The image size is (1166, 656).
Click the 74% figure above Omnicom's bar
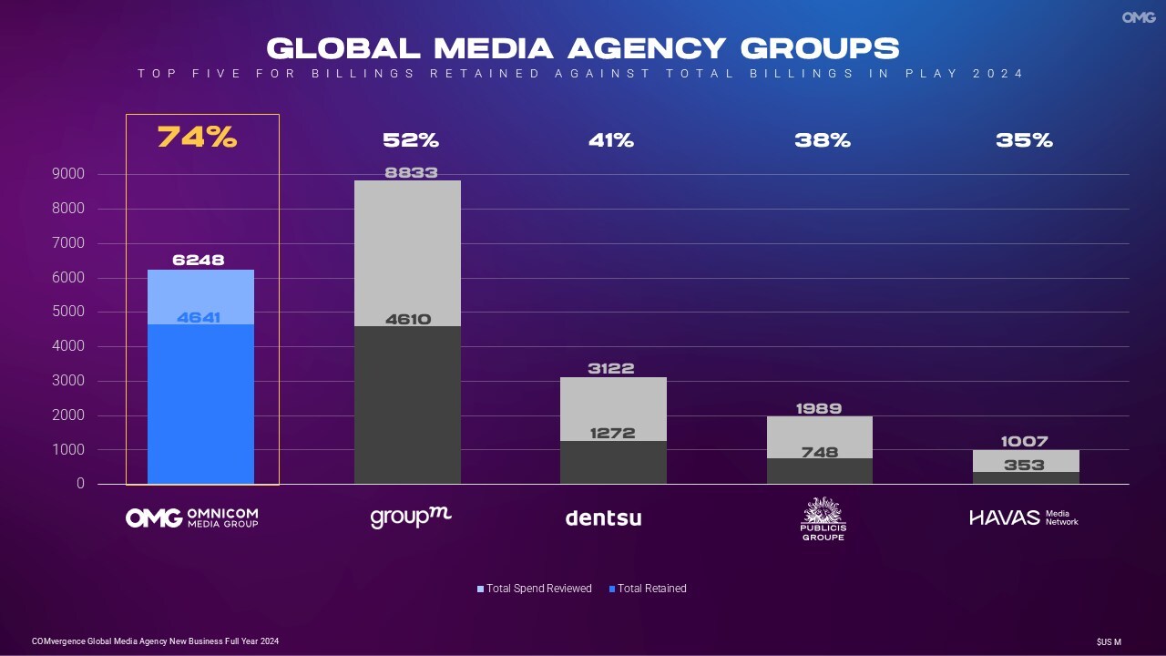point(197,138)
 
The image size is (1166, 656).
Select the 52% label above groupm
point(411,140)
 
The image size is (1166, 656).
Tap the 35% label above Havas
point(1024,140)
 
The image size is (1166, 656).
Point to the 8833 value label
point(411,172)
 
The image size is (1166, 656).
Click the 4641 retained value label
point(199,318)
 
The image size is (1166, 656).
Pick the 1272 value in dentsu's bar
point(612,433)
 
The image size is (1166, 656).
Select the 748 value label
point(820,452)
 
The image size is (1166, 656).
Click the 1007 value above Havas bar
point(1024,442)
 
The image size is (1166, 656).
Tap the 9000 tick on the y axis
point(94,174)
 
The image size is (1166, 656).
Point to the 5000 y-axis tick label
point(94,312)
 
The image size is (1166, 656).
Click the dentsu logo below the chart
point(603,518)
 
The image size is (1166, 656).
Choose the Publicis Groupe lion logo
point(823,518)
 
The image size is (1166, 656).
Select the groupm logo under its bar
point(411,518)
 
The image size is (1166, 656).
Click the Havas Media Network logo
point(1024,518)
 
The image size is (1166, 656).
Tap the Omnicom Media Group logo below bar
point(191,518)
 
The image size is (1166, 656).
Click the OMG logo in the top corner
point(1139,17)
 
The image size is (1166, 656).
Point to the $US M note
point(1109,642)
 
